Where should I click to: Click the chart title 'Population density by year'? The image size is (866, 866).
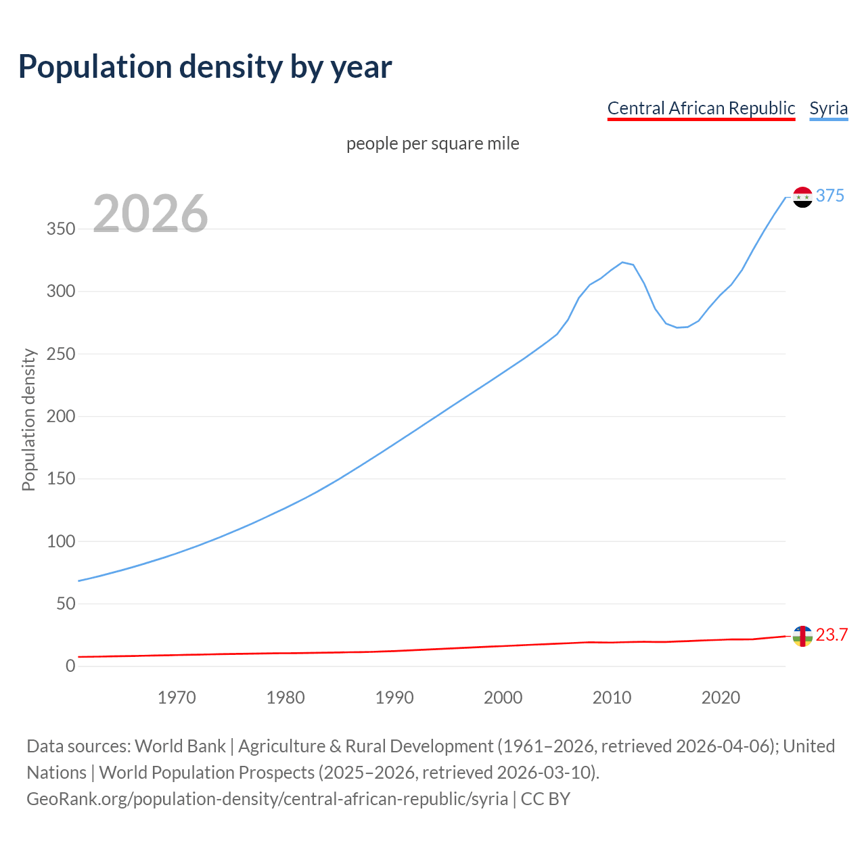(205, 66)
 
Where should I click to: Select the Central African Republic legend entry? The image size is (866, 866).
(701, 108)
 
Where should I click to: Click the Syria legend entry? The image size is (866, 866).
(828, 108)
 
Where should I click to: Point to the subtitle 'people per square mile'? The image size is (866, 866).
(433, 143)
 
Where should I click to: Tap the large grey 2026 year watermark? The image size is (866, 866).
(150, 214)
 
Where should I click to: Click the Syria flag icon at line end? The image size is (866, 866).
(802, 197)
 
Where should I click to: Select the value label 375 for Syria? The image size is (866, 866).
(829, 196)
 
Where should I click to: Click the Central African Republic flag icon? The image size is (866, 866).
(802, 636)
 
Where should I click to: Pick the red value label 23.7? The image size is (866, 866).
(831, 635)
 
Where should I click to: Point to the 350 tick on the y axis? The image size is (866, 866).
(61, 229)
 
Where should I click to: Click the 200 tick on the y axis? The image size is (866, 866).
(61, 416)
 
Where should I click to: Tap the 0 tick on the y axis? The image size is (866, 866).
(70, 666)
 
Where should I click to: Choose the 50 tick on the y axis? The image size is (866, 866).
(66, 603)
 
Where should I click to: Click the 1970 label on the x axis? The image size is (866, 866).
(177, 698)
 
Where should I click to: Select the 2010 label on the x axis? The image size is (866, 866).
(612, 698)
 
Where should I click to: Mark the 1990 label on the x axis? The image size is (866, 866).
(394, 698)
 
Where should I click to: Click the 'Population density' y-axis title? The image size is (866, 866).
(28, 419)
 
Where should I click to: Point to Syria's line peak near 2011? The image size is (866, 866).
(622, 262)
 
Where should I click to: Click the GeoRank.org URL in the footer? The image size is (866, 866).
(267, 799)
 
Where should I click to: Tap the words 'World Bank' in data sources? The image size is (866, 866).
(180, 746)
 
